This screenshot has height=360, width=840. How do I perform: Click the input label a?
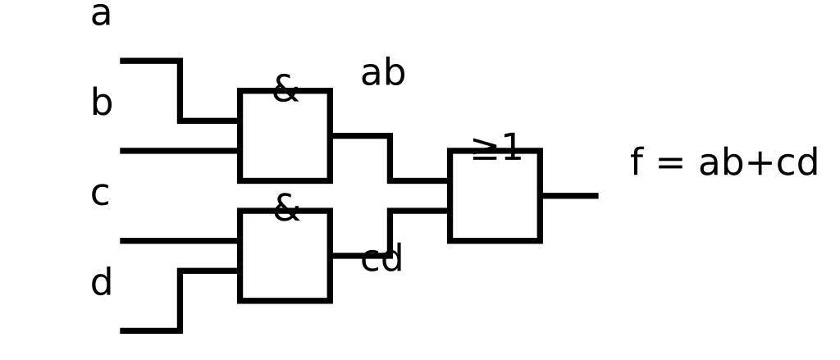pyautogui.click(x=100, y=15)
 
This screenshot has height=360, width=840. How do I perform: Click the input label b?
pyautogui.click(x=101, y=104)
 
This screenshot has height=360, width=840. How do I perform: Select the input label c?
pyautogui.click(x=99, y=194)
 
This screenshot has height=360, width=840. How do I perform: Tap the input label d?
pyautogui.click(x=101, y=284)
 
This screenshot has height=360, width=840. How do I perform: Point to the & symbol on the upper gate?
pyautogui.click(x=285, y=89)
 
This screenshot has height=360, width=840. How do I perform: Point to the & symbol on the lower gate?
pyautogui.click(x=285, y=208)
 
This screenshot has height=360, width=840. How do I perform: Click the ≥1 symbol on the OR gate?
pyautogui.click(x=496, y=148)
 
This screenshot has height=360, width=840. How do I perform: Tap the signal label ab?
pyautogui.click(x=382, y=74)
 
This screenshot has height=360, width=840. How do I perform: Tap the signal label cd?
pyautogui.click(x=381, y=260)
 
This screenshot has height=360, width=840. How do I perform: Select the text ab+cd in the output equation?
pyautogui.click(x=758, y=163)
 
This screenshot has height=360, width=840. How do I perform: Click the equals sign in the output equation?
pyautogui.click(x=669, y=163)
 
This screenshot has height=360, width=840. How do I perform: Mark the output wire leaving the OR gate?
pyautogui.click(x=569, y=196)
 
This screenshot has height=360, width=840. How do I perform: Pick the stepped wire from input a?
pyautogui.click(x=180, y=90)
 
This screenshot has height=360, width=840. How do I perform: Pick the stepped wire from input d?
pyautogui.click(x=180, y=301)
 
